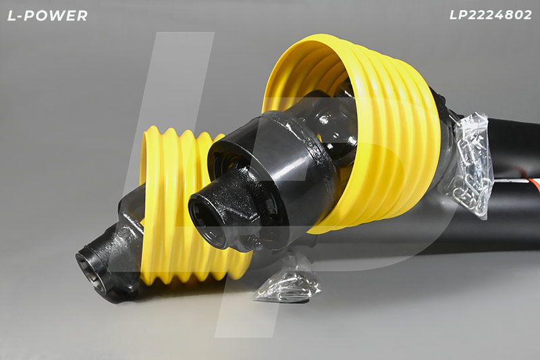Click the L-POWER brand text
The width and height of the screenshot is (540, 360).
pos(47,16)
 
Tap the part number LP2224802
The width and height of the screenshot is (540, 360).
pos(491,15)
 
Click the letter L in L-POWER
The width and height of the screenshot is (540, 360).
pos(12,16)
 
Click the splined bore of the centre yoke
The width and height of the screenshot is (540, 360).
pos(206,220)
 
